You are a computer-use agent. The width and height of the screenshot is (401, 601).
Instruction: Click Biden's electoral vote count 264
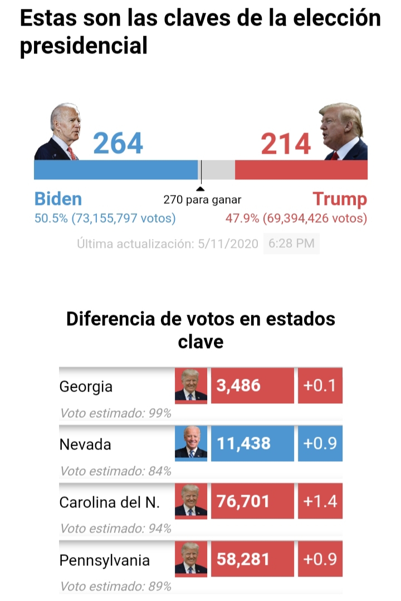(118, 144)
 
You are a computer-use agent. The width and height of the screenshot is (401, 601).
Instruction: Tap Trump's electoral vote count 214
(286, 144)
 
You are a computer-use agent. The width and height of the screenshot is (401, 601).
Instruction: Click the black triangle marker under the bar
(201, 189)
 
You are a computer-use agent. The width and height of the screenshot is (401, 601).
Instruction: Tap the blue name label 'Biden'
(58, 199)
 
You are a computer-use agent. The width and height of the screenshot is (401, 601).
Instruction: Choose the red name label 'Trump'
(340, 199)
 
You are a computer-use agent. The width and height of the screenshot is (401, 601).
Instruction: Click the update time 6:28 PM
(291, 243)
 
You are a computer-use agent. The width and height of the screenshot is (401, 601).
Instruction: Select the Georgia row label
(86, 386)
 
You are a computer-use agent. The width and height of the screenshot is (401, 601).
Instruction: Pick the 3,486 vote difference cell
(252, 385)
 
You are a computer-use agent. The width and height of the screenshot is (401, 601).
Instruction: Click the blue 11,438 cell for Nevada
(252, 443)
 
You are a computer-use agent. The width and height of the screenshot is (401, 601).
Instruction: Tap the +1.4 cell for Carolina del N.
(320, 501)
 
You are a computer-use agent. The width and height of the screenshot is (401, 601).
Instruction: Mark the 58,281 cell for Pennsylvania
(252, 559)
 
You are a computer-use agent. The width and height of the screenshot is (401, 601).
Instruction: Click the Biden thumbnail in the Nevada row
(191, 443)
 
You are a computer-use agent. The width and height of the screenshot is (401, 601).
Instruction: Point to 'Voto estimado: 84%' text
(115, 471)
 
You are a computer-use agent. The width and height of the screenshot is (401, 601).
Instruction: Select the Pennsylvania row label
(105, 560)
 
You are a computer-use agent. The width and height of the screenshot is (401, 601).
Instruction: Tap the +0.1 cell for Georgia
(320, 385)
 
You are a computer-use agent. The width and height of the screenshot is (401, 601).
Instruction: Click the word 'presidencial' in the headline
(84, 46)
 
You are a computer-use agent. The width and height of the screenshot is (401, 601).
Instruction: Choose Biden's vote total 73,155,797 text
(123, 218)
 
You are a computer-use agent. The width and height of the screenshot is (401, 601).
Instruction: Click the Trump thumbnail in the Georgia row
(191, 385)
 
